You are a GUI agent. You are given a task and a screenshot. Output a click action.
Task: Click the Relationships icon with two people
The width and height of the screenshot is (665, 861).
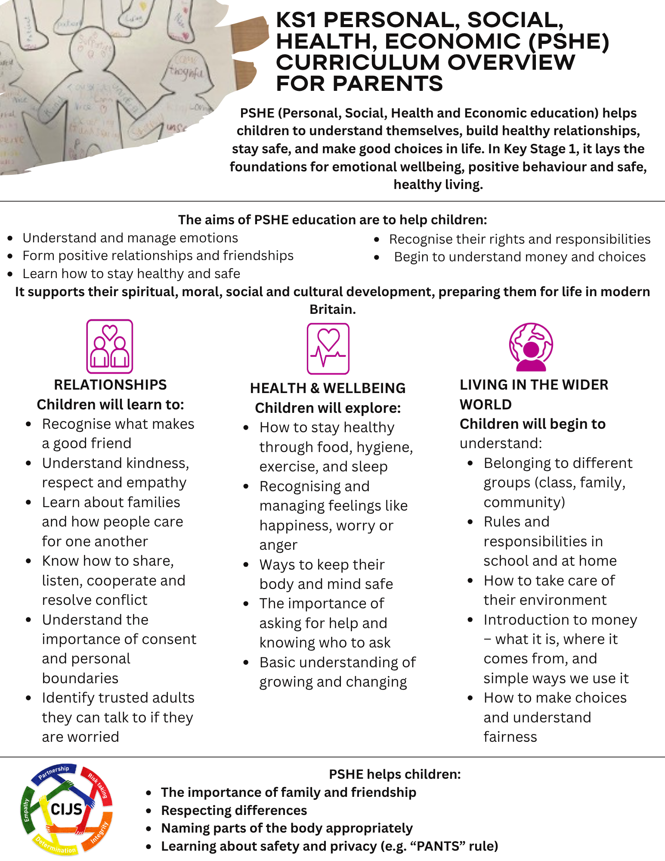[x=110, y=346]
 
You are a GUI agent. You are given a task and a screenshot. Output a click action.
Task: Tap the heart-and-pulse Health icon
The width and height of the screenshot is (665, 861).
[x=328, y=349]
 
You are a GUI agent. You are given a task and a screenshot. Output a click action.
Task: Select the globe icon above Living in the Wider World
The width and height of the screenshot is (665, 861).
[x=531, y=347]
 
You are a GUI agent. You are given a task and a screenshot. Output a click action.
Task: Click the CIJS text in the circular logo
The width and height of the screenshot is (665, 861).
[x=66, y=809]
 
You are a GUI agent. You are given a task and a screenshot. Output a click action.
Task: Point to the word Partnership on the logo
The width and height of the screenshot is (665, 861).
[x=53, y=773]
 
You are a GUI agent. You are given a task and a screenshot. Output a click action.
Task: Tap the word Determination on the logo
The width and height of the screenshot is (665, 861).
[x=56, y=846]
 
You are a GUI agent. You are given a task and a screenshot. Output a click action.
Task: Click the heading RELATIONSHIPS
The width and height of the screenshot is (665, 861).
[x=110, y=384]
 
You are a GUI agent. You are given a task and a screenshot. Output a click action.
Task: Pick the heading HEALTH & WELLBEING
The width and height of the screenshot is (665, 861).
[x=328, y=388]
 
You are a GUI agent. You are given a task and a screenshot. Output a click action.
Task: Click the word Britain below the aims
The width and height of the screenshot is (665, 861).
[x=332, y=309]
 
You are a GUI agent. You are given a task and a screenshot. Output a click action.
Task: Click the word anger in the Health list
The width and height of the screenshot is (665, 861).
[x=278, y=545]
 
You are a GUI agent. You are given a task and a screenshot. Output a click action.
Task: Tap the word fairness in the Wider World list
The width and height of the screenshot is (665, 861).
[x=510, y=737]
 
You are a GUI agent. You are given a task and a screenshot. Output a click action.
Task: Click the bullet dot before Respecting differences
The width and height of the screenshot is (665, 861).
[x=149, y=811]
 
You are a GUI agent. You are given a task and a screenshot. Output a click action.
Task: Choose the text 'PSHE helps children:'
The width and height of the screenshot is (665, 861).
[x=395, y=774]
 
